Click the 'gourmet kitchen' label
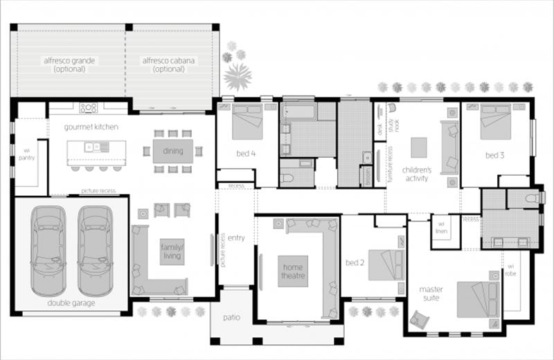[91, 127]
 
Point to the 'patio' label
[231, 318]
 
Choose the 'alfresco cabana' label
[169, 65]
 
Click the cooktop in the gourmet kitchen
[88, 107]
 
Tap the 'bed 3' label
[494, 156]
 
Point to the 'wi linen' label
[440, 227]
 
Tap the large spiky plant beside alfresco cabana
[238, 77]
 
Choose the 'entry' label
[235, 238]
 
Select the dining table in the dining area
[168, 151]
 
